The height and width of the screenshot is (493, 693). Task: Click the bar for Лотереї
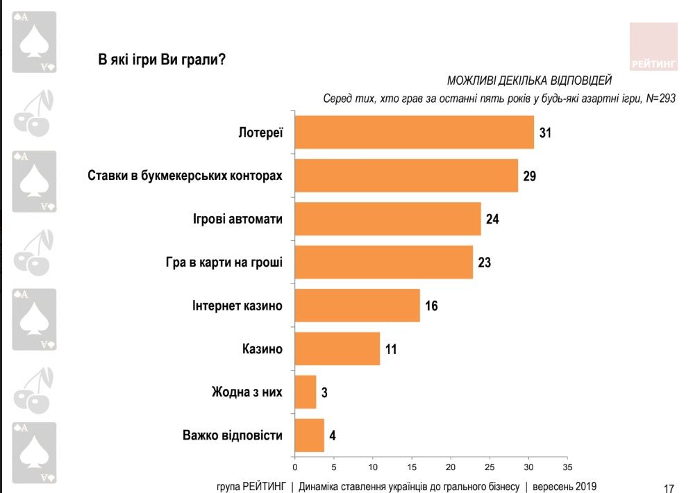click(x=415, y=132)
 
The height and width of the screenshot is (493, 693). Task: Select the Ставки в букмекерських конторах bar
click(x=406, y=176)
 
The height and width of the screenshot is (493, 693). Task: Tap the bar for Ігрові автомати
click(x=387, y=219)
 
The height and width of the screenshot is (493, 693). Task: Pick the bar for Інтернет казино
click(x=357, y=306)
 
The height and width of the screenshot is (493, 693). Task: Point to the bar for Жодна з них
click(x=305, y=392)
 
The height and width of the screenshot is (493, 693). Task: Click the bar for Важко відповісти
click(x=309, y=436)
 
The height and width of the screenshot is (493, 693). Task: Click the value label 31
click(x=544, y=132)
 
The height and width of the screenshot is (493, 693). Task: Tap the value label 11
click(x=390, y=349)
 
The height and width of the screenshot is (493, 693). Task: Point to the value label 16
click(x=431, y=306)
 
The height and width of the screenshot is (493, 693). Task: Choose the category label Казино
click(x=262, y=349)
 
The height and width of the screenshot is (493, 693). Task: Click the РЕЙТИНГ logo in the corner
click(x=653, y=47)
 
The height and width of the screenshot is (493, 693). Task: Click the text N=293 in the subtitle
click(x=660, y=99)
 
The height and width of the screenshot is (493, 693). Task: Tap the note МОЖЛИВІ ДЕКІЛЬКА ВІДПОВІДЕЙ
click(x=529, y=81)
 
